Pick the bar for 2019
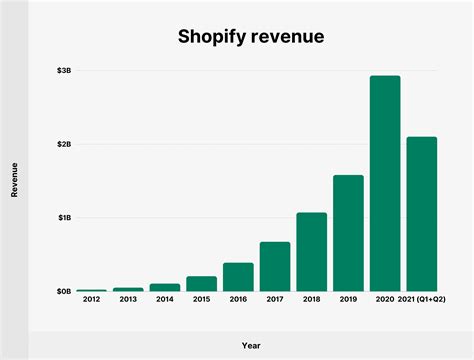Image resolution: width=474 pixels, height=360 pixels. click(348, 232)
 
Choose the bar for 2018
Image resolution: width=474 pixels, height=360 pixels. click(311, 251)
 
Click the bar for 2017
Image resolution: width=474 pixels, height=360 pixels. click(275, 266)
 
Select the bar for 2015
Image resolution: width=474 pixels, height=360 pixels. click(201, 283)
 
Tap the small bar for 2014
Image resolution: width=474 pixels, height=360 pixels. click(165, 287)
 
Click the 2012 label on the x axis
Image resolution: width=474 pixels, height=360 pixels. click(91, 299)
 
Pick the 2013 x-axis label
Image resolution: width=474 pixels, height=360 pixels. click(128, 299)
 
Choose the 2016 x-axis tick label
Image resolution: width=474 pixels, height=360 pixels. click(238, 299)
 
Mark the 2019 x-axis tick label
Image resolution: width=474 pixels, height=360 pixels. click(348, 299)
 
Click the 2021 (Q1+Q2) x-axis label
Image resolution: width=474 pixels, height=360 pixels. click(422, 299)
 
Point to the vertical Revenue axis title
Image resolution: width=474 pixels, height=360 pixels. click(14, 181)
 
